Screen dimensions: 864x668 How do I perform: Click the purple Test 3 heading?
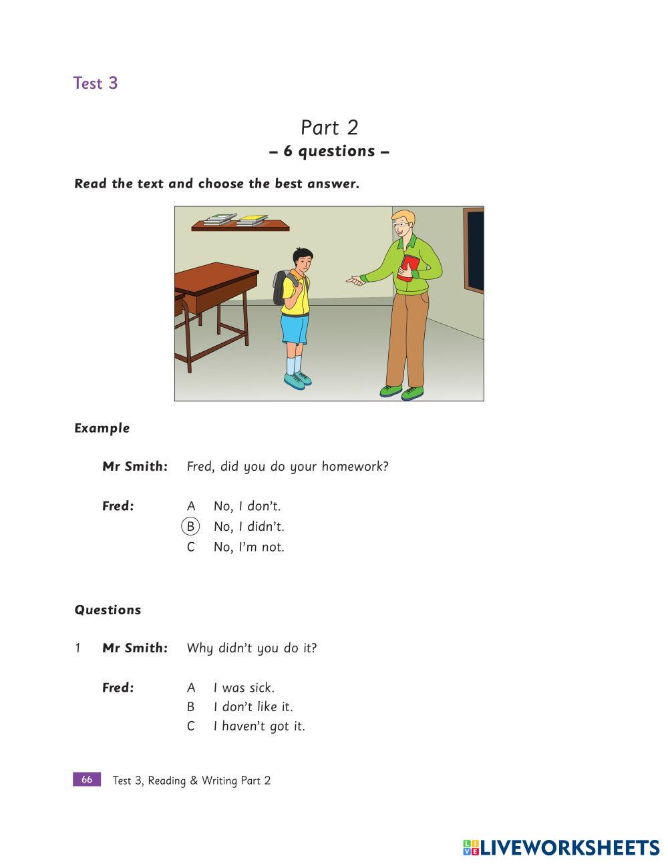coord(96,83)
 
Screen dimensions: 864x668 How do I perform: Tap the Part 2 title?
coord(329,128)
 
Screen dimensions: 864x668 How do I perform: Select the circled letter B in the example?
coord(190,527)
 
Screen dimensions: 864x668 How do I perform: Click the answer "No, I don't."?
coord(247,506)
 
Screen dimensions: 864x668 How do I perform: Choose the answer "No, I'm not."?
coord(248,548)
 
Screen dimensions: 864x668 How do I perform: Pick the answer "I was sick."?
coord(244,688)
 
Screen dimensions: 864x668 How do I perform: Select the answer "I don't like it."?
coord(253,707)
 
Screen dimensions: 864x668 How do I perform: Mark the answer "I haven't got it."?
coord(259,726)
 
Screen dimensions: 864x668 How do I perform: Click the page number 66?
coord(87,780)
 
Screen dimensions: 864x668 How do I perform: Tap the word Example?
coord(102,428)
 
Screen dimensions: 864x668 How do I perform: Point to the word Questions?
coord(108,610)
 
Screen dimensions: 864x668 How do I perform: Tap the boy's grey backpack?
coord(280,286)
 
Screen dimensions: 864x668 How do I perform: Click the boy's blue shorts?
coord(295,329)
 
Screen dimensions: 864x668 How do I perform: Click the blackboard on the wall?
coord(474,250)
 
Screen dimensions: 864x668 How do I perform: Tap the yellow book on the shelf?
coord(252,220)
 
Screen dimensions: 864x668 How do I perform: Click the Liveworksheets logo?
coord(561,848)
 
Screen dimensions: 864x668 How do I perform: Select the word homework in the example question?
coord(354,467)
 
